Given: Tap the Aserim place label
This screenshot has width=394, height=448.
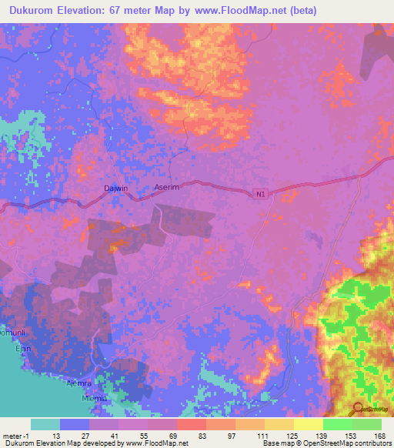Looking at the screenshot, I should pyautogui.click(x=167, y=187).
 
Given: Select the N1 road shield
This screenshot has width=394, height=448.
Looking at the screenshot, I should pyautogui.click(x=262, y=195).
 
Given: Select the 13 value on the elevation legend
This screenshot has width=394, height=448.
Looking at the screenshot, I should pyautogui.click(x=55, y=435).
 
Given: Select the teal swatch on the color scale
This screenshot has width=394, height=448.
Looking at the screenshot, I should pyautogui.click(x=45, y=424).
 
